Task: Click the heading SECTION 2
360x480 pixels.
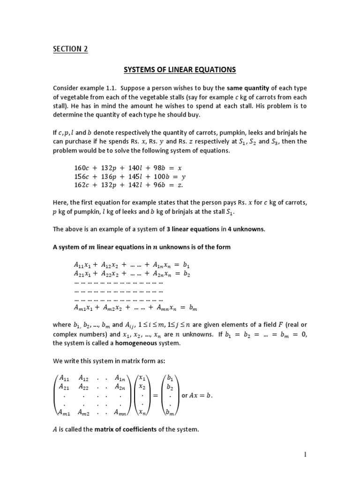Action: coord(70,49)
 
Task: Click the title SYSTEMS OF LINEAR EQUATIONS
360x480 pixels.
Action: coord(180,70)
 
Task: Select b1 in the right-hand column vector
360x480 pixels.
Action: coord(170,378)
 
